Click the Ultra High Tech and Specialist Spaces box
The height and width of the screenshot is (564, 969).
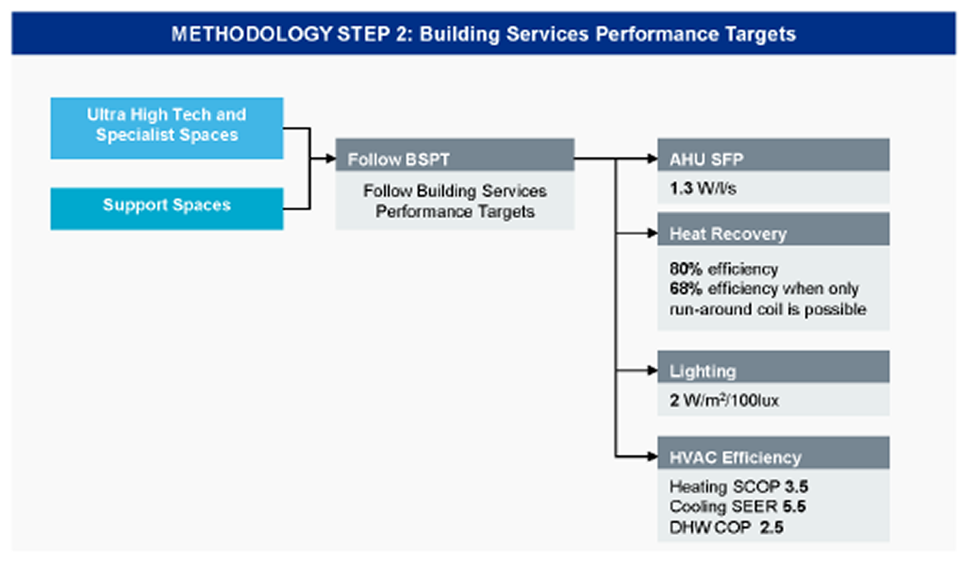pos(167,126)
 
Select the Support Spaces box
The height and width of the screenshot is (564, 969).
pos(167,206)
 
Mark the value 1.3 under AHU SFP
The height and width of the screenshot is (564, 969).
pos(681,188)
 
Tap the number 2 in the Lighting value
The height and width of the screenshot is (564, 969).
pos(674,401)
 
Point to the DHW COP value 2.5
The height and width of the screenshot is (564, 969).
pos(772,527)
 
